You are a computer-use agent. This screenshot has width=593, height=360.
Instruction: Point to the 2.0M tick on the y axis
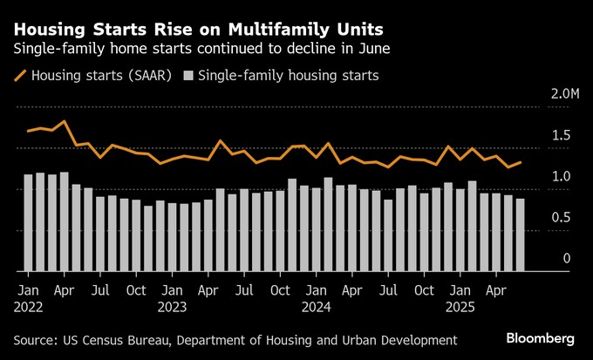556,93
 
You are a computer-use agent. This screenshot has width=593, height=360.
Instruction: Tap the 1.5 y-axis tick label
562,135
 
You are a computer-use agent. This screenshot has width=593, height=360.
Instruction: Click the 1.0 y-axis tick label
562,177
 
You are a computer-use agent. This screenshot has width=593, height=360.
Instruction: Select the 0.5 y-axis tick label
562,218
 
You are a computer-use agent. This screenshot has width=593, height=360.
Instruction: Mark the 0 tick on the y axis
566,259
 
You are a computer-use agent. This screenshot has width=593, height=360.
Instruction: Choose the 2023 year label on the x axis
173,306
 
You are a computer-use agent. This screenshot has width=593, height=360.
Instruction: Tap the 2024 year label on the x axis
316,306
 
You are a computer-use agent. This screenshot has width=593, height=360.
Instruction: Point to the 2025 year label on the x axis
460,306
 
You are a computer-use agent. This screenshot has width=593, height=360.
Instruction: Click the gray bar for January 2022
29,222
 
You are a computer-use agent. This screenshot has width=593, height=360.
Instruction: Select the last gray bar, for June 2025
520,234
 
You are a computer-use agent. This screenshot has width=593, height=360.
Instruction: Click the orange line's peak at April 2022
65,121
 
